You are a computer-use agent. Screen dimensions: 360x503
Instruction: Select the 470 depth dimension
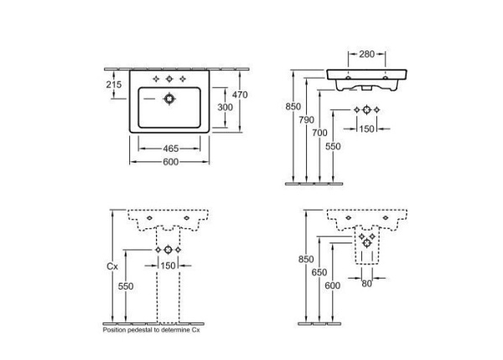point(240,96)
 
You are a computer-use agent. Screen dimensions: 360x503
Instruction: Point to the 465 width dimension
point(171,149)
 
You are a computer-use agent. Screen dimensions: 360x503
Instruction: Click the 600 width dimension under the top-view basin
point(171,162)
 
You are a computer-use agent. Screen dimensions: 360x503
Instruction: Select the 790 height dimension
point(308,119)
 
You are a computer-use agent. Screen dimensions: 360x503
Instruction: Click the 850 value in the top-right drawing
point(293,107)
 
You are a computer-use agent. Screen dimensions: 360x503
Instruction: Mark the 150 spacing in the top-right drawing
point(367,128)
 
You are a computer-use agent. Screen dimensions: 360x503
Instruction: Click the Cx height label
point(111,268)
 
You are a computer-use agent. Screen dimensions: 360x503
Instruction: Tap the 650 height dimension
point(319,272)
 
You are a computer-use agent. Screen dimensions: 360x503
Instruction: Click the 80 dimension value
point(366,284)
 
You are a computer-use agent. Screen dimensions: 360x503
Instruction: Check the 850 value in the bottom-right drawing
point(305,259)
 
